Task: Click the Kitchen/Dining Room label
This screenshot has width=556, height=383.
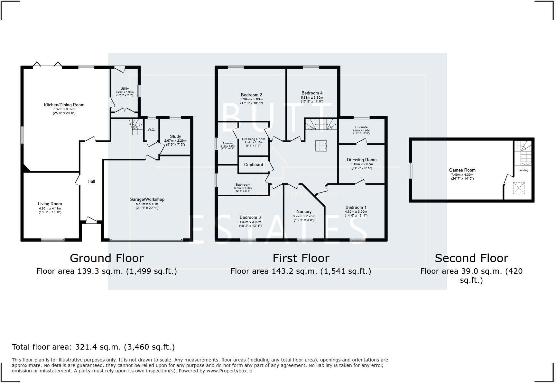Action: coord(64,105)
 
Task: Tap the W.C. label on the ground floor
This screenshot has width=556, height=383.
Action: coord(151,130)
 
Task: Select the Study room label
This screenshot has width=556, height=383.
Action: coord(175,137)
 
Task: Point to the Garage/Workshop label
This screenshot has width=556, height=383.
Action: coord(147,200)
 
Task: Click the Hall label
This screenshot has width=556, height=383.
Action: coord(91,182)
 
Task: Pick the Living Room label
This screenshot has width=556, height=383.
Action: coord(50,204)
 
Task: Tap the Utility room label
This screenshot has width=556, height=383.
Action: coord(125,89)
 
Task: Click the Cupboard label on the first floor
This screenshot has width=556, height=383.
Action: coord(254,165)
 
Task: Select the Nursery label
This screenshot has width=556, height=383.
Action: coord(304,212)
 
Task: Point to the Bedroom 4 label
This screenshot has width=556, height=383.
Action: coord(312,93)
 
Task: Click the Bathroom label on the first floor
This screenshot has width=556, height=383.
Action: coord(242,185)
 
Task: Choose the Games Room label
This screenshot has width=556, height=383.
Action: coord(462,170)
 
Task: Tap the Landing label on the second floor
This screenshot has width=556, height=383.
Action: coord(523,170)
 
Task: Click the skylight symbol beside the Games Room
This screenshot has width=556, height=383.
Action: coord(519,188)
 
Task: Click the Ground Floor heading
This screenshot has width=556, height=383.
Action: coord(107,258)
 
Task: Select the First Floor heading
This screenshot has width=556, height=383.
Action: coord(301,258)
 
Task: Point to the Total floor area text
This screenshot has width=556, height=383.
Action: coord(93,347)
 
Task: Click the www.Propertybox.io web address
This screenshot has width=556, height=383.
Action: coord(229,371)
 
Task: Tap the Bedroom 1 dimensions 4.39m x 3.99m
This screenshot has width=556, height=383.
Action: coord(356,212)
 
